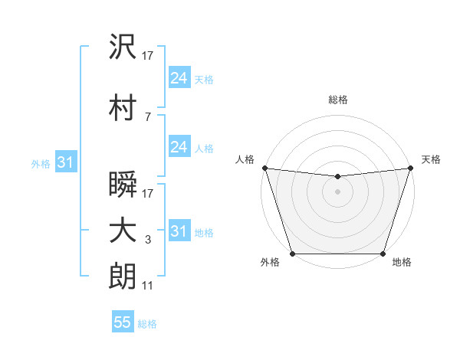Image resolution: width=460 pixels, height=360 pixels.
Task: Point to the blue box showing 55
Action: coord(123,322)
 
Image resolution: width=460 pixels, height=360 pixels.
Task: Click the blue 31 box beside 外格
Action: coord(65,163)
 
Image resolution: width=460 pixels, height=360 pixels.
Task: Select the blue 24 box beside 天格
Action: coord(179,78)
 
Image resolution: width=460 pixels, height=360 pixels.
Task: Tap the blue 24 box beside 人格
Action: coord(179,148)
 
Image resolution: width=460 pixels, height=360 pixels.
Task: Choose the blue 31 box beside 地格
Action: coord(179,231)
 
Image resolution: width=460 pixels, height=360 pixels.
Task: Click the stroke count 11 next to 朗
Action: coord(148,286)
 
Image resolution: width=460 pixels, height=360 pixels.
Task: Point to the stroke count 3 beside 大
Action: coord(148,241)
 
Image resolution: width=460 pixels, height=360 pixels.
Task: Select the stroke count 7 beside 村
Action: coord(147,116)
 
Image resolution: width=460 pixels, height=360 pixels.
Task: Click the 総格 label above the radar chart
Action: coord(337,100)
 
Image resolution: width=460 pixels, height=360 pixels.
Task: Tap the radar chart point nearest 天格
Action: coord(411,168)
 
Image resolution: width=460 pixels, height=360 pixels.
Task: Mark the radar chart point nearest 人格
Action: coord(264,168)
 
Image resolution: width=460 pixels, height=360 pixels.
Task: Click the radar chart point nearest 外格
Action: coord(292,254)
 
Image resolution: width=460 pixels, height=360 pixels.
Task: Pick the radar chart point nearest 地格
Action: coord(383,254)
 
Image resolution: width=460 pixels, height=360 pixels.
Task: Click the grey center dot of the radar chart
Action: coord(337,191)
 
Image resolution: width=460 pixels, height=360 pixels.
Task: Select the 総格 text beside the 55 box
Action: coord(147,324)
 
